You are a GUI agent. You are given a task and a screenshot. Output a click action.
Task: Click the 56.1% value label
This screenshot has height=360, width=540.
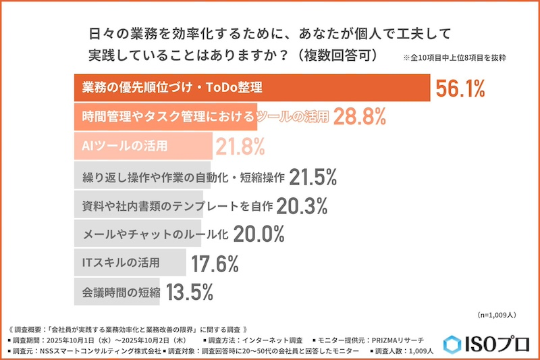pyautogui.click(x=461, y=88)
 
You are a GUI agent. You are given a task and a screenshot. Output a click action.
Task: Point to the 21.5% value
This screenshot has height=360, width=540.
pyautogui.click(x=313, y=177)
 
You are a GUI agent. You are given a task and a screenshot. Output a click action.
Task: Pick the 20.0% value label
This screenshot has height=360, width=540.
pyautogui.click(x=260, y=234)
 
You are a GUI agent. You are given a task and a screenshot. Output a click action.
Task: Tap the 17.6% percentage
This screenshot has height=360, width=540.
pyautogui.click(x=216, y=262)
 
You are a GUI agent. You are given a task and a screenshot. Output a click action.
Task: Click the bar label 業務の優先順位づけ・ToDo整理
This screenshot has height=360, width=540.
pyautogui.click(x=171, y=88)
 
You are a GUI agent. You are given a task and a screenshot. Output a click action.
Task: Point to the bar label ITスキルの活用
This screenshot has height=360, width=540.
pyautogui.click(x=120, y=262)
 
